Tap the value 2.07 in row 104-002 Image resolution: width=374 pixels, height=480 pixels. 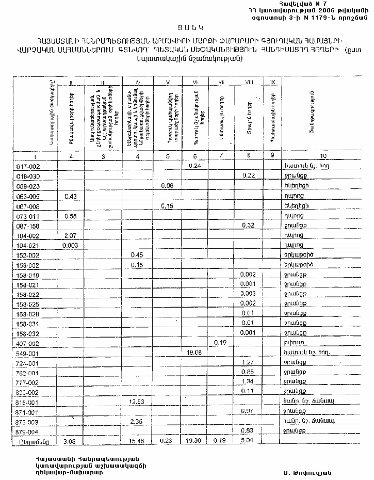70,235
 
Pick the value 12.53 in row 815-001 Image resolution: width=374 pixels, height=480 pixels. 137,402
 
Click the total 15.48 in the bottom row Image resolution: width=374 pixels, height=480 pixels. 137,442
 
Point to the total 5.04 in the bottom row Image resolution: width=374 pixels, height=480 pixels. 248,441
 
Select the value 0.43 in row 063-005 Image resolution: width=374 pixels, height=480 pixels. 70,196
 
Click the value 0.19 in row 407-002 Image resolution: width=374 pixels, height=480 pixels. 220,342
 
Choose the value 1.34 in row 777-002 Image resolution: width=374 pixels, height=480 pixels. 248,382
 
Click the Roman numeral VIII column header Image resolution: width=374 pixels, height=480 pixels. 248,82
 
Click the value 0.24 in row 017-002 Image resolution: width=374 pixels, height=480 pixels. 194,166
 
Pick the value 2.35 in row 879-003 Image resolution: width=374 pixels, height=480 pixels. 137,422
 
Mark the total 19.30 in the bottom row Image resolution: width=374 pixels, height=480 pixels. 194,442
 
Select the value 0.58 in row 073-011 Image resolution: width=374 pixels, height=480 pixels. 70,216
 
